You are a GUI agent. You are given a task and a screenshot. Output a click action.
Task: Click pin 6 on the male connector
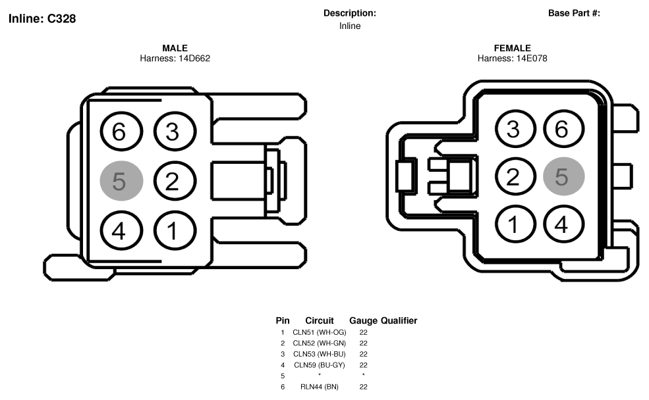point(121,132)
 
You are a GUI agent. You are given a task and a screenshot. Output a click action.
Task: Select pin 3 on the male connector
point(175,132)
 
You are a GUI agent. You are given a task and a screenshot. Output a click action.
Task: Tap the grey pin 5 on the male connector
point(121,181)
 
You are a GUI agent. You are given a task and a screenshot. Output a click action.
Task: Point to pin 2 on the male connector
point(175,181)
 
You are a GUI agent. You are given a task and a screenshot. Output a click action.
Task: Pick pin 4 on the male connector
point(121,230)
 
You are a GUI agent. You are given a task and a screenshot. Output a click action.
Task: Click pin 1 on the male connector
point(175,230)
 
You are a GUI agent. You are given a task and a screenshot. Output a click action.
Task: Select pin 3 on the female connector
point(515,128)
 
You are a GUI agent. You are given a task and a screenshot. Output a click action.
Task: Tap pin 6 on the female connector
point(564,128)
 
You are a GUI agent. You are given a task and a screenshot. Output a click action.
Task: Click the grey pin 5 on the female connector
point(564,176)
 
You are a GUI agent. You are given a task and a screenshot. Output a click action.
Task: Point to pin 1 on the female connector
point(515,224)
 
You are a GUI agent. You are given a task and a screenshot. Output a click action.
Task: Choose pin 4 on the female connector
point(564,224)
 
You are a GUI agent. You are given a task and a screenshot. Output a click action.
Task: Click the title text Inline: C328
point(42,18)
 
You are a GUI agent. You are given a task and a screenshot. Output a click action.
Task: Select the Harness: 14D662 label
point(175,59)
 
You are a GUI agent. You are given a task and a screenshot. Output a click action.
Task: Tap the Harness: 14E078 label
point(513,59)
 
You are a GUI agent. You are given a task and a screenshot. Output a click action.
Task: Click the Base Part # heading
point(574,13)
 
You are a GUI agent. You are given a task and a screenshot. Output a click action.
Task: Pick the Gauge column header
point(364,320)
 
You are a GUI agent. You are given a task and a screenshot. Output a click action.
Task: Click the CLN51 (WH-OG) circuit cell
point(319,332)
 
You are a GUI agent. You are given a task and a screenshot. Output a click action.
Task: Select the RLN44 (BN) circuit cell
point(319,387)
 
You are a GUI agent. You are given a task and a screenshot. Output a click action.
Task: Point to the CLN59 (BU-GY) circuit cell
point(319,365)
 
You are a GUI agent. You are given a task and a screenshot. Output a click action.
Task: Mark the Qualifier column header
point(399,320)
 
